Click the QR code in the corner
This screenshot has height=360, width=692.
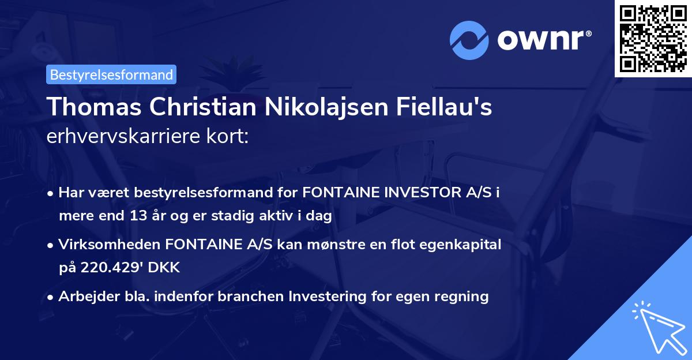[653, 38]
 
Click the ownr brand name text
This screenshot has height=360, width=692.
[543, 40]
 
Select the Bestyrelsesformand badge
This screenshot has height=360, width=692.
[111, 74]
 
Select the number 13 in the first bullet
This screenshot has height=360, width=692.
[146, 217]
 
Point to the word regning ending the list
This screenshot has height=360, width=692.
[461, 297]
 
